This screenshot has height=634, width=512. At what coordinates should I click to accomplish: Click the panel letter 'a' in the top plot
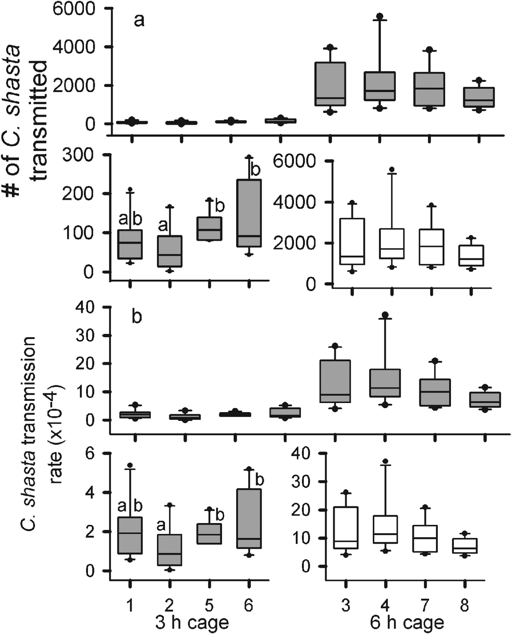[139, 21]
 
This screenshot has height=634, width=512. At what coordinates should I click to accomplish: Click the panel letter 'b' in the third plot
[137, 317]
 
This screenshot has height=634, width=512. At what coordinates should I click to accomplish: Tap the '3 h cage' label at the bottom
[192, 622]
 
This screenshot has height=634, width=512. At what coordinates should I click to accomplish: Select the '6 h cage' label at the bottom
[407, 622]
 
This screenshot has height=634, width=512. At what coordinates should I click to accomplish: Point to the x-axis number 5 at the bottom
[209, 605]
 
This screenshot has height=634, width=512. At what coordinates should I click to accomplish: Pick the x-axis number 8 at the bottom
[464, 605]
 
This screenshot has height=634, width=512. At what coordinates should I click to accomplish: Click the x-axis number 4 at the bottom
[385, 605]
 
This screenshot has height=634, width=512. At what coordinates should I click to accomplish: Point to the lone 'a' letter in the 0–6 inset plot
[161, 526]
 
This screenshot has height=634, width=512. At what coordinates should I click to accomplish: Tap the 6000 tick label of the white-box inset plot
[299, 161]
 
